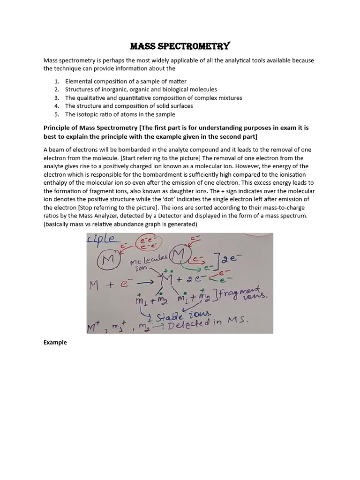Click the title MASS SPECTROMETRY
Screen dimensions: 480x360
(x=180, y=46)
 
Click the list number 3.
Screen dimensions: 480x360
(x=56, y=97)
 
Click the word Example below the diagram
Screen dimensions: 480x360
(x=55, y=342)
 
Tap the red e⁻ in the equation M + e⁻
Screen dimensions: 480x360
(x=124, y=283)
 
